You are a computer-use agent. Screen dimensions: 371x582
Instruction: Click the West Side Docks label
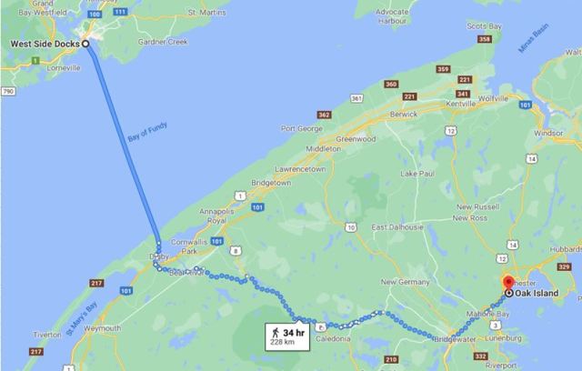point(43,44)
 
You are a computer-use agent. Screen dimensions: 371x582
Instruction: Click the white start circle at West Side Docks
point(85,44)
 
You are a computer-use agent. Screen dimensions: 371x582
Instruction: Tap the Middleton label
point(323,148)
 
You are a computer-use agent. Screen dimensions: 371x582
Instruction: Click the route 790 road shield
point(7,93)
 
